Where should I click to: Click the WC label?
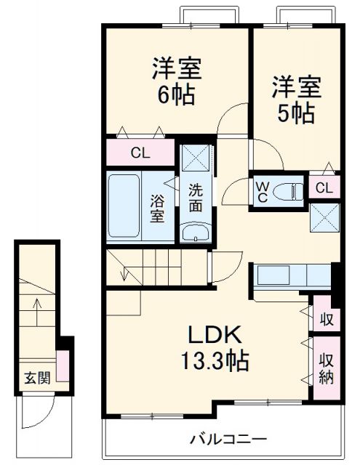coord(261,191)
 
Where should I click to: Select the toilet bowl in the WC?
coord(292,192)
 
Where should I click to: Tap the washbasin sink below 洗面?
coord(195,232)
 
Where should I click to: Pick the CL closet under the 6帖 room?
coord(141,153)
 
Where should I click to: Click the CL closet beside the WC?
coord(323,188)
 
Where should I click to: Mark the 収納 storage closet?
coord(324,368)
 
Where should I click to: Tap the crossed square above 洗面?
coord(195,158)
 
